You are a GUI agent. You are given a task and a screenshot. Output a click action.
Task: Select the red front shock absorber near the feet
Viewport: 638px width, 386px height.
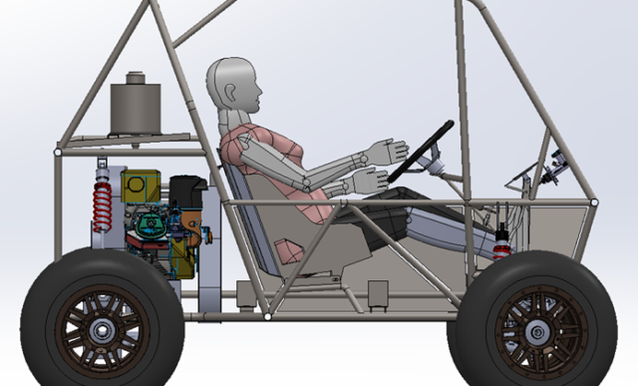coord(502,239)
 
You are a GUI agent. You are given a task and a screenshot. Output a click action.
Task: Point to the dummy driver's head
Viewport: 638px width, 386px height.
coord(233,86)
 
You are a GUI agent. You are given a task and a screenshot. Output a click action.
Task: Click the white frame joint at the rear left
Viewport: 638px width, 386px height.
coord(58,153)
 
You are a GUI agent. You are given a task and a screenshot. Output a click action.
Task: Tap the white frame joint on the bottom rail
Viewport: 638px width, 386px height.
coord(267,316)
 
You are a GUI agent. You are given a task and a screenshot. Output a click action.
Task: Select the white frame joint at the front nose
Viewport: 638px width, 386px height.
coord(595,203)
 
